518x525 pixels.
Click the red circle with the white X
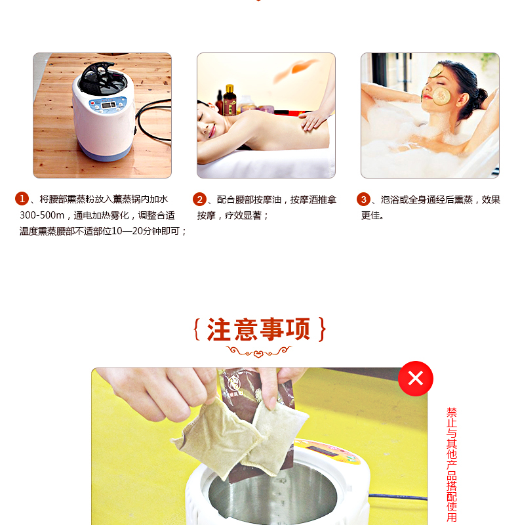pos(416,379)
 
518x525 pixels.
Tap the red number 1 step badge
pos(22,199)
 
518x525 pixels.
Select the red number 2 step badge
pos(199,199)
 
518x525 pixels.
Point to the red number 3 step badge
pos(363,199)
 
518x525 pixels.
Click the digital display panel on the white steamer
pos(108,105)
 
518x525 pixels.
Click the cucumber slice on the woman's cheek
pos(441,95)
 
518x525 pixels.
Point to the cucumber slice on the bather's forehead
pos(436,70)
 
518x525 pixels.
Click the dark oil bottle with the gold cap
pos(229,100)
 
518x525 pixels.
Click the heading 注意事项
pos(258,329)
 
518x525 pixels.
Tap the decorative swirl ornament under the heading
pos(258,352)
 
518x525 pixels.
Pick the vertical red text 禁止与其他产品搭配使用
pos(452,465)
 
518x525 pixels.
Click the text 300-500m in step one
pos(42,215)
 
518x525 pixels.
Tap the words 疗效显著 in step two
pos(243,215)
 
